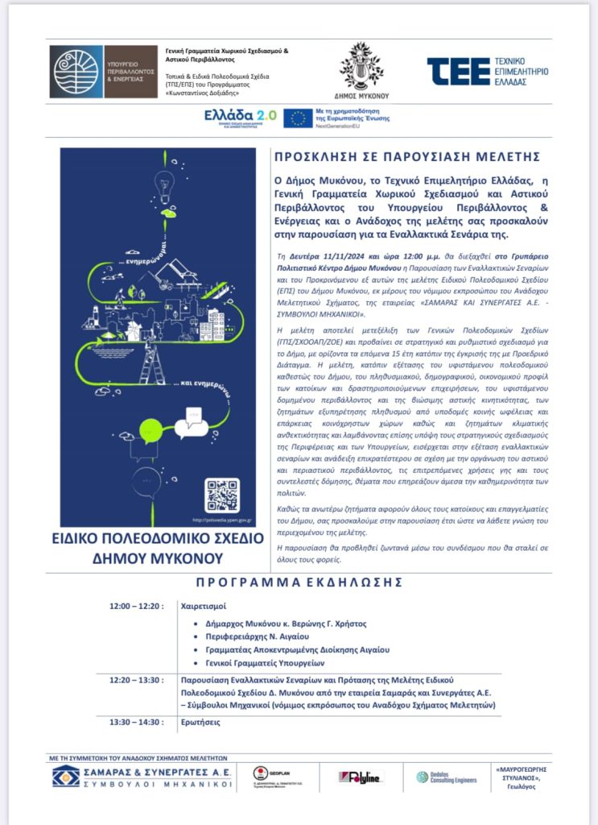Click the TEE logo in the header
click(488, 70)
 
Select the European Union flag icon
click(297, 118)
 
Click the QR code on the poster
click(222, 495)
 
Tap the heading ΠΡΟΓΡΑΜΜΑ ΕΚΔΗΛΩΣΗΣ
click(299, 582)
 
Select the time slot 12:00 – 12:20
click(137, 606)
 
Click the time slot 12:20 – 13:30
click(137, 679)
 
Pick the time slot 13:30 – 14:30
click(137, 722)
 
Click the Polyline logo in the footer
click(361, 777)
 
